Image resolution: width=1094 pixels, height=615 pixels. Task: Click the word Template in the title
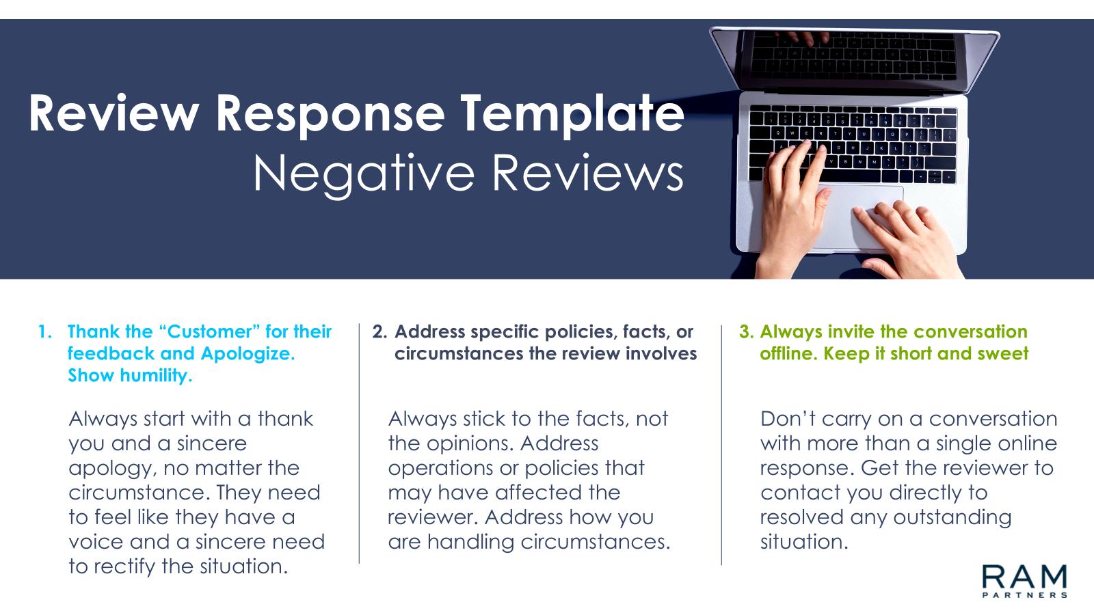click(572, 114)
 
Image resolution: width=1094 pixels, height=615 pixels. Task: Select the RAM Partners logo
click(1024, 581)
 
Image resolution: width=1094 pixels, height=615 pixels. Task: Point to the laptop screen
click(854, 55)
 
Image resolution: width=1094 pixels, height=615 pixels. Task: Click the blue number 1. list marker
click(45, 332)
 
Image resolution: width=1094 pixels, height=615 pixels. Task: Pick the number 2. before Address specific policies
click(379, 332)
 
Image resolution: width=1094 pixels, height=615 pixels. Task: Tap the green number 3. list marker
click(747, 332)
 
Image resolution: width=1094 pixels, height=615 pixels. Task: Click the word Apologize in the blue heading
click(248, 354)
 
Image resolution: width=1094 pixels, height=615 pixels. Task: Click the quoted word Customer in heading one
click(209, 332)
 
